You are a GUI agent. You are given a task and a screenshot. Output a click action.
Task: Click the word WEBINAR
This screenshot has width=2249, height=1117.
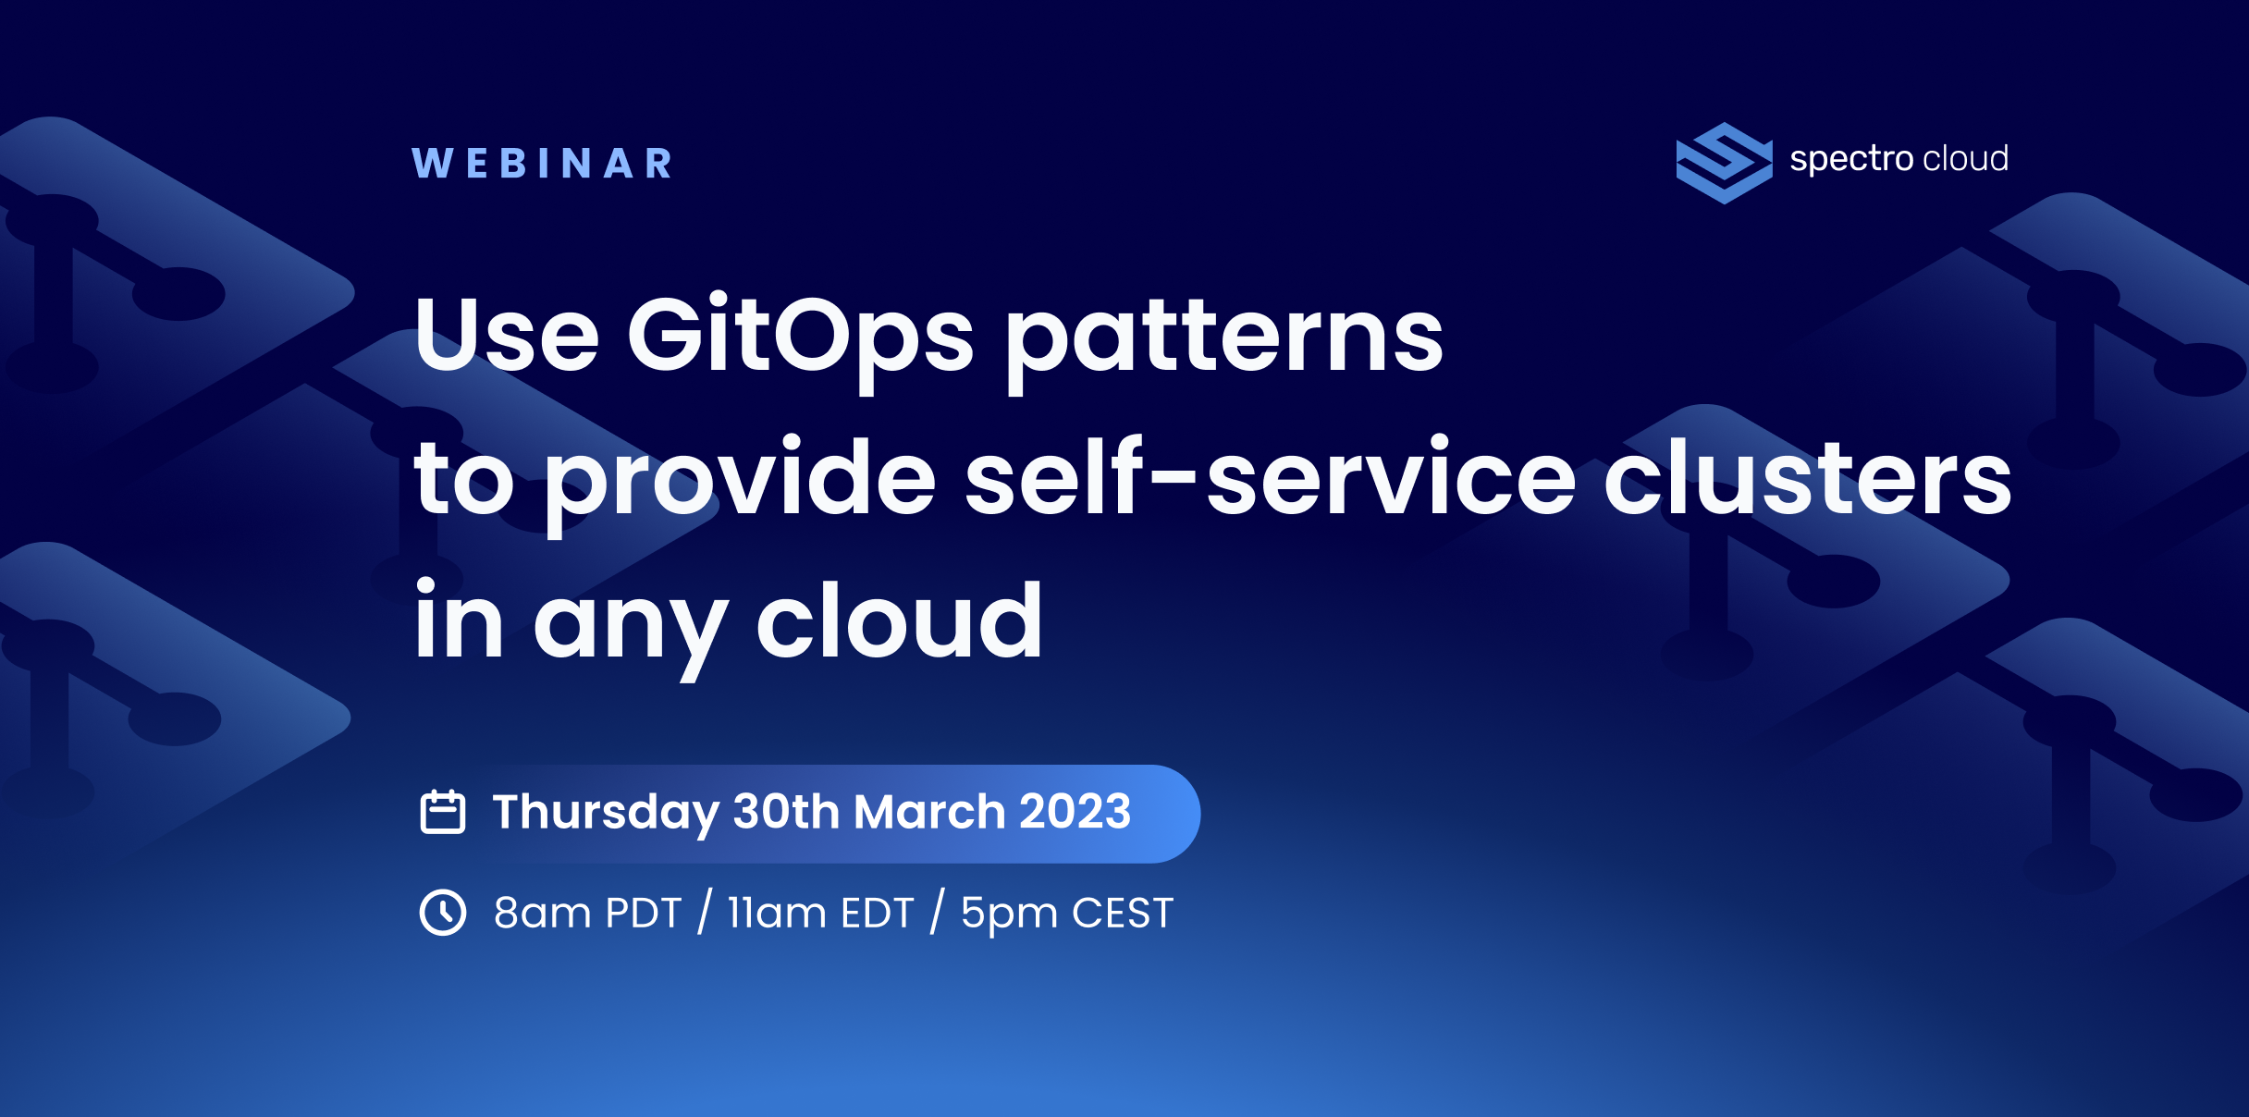[542, 164]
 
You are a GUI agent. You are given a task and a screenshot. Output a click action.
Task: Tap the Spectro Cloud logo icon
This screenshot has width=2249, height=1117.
[1724, 163]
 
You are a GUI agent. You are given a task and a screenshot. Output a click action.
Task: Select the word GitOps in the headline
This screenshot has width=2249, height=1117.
[800, 338]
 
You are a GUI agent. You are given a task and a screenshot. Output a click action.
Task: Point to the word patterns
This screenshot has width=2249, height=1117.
[1224, 340]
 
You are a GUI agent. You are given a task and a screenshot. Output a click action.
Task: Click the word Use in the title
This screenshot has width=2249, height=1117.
[507, 335]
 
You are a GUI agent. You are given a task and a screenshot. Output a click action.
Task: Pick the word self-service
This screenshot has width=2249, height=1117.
[1271, 476]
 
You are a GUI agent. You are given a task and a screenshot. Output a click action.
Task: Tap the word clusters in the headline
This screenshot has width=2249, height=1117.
[1807, 476]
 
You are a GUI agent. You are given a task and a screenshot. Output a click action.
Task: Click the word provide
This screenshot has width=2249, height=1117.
[740, 484]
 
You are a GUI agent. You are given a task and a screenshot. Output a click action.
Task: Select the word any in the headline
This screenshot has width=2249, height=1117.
[632, 630]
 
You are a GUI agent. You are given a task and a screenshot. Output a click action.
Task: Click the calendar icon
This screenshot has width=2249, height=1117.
[443, 812]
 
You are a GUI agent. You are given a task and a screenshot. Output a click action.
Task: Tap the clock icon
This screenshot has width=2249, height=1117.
[443, 913]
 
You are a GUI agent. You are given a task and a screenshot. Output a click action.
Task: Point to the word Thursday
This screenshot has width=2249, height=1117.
[606, 813]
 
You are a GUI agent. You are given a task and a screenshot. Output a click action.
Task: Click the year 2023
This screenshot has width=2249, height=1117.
[1075, 811]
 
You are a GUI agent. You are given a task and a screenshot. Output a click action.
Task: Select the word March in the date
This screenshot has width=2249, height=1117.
[929, 811]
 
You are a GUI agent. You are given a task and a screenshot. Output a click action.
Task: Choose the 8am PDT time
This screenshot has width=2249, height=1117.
[587, 913]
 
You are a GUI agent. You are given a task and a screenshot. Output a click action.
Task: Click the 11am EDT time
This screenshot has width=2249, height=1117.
[820, 913]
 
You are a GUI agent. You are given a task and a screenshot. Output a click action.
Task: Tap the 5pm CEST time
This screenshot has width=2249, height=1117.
[1067, 914]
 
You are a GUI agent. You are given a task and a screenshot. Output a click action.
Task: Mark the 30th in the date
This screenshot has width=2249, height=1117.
[786, 811]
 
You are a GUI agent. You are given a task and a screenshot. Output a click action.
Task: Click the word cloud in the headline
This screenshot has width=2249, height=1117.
[900, 620]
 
